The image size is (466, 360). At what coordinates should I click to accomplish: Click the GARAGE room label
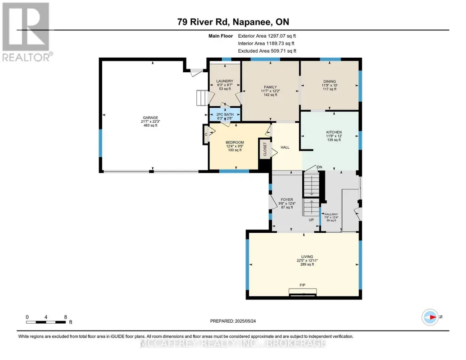tap(150, 118)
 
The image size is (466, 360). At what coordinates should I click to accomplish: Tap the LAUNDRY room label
tap(225, 81)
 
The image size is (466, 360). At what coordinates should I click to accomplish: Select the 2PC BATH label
tap(225, 115)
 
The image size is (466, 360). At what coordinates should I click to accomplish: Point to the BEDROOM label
tap(235, 142)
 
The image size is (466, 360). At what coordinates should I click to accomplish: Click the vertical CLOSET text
tap(265, 149)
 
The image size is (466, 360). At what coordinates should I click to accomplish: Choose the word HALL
tap(285, 147)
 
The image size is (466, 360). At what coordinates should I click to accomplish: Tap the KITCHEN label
tap(334, 132)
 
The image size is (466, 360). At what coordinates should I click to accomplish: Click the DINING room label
tap(330, 81)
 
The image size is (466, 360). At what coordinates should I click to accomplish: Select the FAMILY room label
tap(271, 87)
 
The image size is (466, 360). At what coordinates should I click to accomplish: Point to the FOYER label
tap(287, 200)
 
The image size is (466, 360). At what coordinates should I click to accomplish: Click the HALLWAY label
tap(331, 214)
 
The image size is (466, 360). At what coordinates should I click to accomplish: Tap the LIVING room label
tap(307, 257)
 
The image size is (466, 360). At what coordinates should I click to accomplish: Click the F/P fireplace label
tap(302, 285)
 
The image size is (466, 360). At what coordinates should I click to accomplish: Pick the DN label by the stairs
tap(320, 167)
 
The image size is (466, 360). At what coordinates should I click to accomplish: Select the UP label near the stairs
tap(311, 220)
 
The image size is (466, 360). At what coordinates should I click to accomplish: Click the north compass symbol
tap(430, 317)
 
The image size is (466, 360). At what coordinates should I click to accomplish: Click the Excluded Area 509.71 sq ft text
tap(267, 51)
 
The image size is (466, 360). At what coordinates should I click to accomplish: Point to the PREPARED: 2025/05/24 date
tap(233, 321)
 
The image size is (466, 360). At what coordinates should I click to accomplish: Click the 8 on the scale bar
tap(65, 317)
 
